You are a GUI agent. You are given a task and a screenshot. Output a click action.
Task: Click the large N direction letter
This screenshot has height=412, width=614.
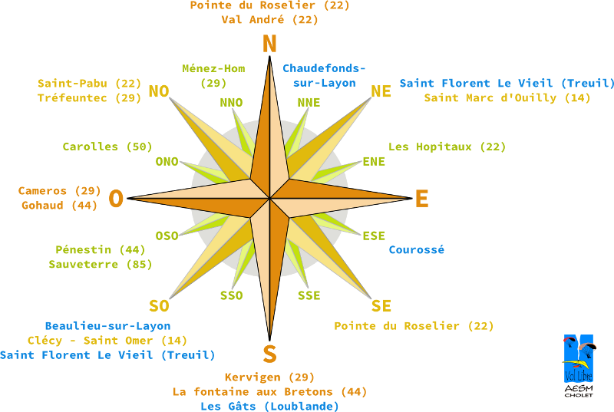coord(269,44)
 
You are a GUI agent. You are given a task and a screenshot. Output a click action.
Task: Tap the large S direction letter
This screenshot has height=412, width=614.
coord(269,354)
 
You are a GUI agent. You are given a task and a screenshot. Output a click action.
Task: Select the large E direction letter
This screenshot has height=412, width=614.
coord(421,199)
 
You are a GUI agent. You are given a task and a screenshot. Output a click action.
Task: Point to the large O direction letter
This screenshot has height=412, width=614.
coord(116,199)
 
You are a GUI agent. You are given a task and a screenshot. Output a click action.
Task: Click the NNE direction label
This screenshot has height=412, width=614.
coord(309,103)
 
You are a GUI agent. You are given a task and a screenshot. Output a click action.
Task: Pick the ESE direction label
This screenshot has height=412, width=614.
coord(374,236)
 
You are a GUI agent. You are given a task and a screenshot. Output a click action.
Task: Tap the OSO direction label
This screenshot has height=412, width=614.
coord(167,236)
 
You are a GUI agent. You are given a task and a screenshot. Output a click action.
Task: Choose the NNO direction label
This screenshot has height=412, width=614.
coord(231,103)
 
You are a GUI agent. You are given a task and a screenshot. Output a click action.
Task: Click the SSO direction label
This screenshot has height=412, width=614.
coord(231,295)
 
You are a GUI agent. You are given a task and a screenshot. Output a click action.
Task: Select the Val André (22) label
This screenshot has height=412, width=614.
coord(269,20)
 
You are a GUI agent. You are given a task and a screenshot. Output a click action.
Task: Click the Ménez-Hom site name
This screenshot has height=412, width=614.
coord(213,68)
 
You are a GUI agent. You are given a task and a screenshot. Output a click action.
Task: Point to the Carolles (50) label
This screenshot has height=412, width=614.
coord(107,147)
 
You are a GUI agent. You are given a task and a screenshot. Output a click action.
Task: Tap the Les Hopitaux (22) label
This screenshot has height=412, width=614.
coord(447,147)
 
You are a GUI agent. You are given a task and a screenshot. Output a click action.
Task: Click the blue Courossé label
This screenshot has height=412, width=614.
coord(417,249)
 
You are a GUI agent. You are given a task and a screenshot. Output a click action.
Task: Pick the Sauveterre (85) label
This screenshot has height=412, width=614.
coord(101,264)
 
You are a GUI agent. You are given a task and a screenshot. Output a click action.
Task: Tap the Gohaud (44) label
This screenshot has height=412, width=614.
coord(59,205)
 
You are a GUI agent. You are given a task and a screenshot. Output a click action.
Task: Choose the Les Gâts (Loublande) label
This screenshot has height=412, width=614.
coord(269,406)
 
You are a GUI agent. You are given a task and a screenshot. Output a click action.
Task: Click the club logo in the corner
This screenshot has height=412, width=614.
coord(578,365)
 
